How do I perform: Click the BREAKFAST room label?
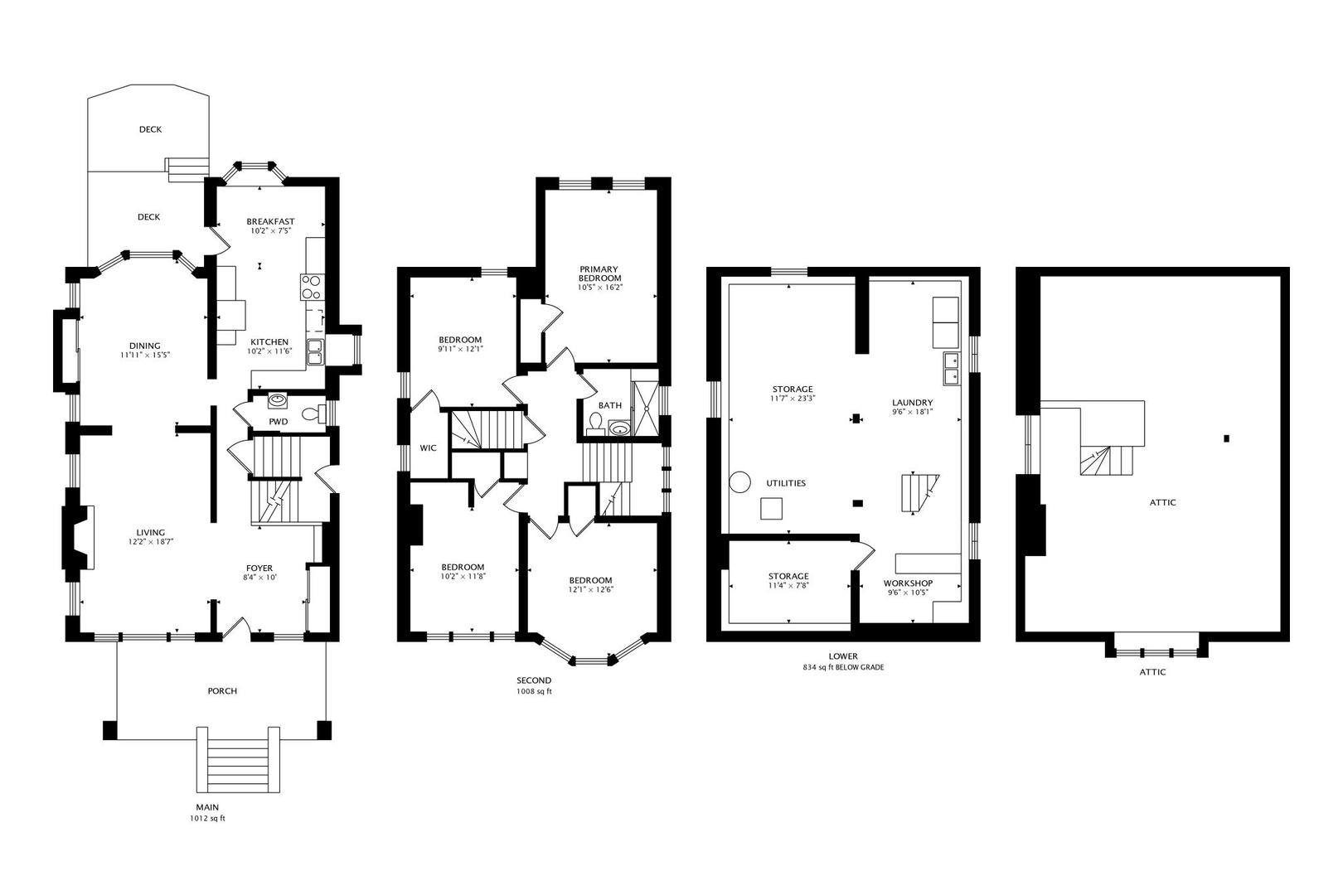(270, 221)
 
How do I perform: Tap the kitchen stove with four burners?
(311, 287)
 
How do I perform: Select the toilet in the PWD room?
(313, 414)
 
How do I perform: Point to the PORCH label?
(221, 691)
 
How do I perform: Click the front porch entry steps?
(238, 761)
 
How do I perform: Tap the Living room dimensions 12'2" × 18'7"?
(151, 542)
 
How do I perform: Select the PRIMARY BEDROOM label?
(600, 273)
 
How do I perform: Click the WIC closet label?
(428, 447)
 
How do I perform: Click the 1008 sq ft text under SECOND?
(534, 691)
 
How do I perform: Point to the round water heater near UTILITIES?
(739, 481)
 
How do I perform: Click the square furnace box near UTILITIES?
(772, 507)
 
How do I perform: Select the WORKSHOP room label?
(908, 583)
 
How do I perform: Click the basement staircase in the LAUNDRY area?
(919, 494)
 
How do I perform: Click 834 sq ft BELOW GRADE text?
(843, 667)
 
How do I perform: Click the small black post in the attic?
(1227, 438)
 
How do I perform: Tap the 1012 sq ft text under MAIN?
(207, 819)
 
